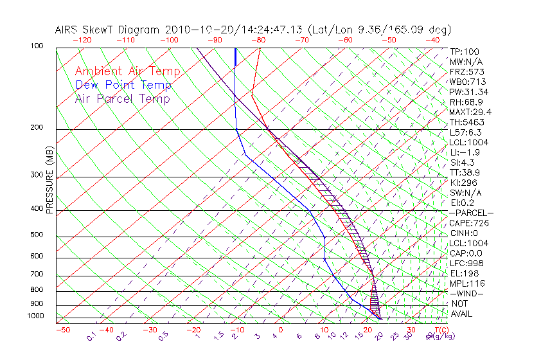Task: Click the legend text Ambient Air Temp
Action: pyautogui.click(x=127, y=71)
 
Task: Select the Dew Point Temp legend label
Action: pyautogui.click(x=123, y=85)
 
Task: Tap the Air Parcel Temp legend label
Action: pyautogui.click(x=122, y=98)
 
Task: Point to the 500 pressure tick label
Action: pyautogui.click(x=36, y=235)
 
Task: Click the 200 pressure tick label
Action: pyautogui.click(x=36, y=128)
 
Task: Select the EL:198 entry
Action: pyautogui.click(x=464, y=273)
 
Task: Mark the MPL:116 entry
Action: pyautogui.click(x=466, y=283)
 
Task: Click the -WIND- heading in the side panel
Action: pyautogui.click(x=466, y=294)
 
